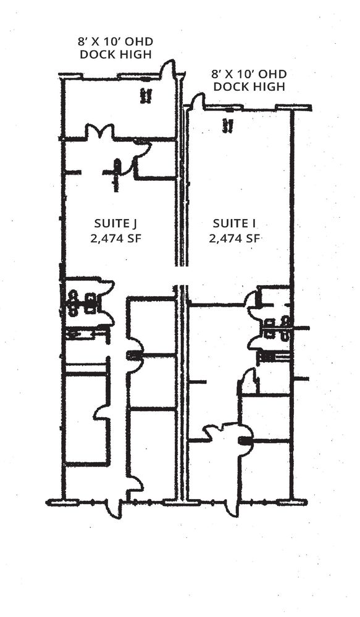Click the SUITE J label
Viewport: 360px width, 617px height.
point(115,223)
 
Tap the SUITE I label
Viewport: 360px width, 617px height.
point(235,223)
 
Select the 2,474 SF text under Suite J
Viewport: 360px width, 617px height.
point(116,238)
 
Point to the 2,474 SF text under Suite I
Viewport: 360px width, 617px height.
point(235,238)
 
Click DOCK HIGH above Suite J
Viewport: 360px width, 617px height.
point(116,54)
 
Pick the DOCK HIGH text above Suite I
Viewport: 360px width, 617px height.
point(249,86)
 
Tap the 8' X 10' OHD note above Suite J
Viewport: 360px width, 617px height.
point(115,42)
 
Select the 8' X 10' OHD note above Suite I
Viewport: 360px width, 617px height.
point(249,74)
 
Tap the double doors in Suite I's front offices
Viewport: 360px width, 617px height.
point(222,431)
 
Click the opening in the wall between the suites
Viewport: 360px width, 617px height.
point(181,275)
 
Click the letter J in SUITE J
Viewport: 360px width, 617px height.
point(135,224)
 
